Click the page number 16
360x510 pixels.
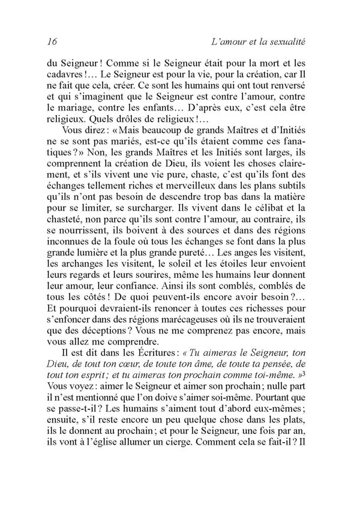coord(50,42)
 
